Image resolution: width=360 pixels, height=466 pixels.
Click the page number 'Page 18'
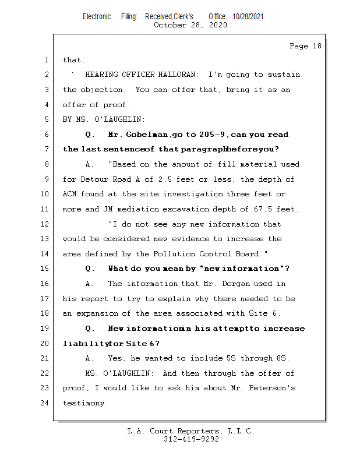pos(305,46)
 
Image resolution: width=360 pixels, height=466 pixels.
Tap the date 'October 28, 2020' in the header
pos(190,25)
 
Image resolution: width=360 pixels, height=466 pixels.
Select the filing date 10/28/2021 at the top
pos(248,16)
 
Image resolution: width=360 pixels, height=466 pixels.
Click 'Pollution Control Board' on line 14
pos(216,254)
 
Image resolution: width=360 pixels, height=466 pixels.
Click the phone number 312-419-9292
pos(191,440)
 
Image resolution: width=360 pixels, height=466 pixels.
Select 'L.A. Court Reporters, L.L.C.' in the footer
pos(191,432)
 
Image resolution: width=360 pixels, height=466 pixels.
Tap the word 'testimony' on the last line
pos(84,403)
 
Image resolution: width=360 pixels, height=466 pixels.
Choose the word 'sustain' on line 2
pos(285,75)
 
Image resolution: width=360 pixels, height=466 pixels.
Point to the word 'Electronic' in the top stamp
pos(97,16)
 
